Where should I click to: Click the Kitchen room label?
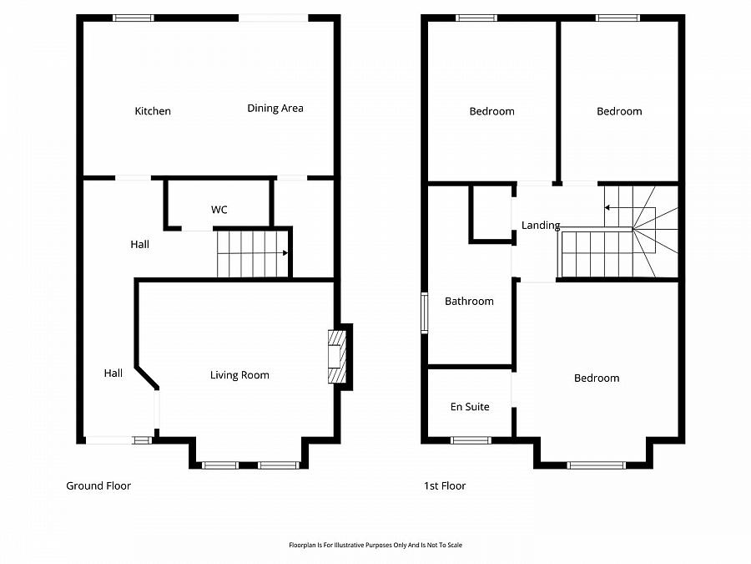pyautogui.click(x=153, y=111)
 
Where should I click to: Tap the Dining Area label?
pyautogui.click(x=275, y=108)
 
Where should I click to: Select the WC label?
pyautogui.click(x=219, y=210)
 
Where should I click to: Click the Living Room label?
pyautogui.click(x=239, y=375)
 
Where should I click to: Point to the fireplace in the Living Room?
pyautogui.click(x=336, y=357)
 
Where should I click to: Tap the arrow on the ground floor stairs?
pyautogui.click(x=285, y=253)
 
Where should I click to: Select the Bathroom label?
pyautogui.click(x=469, y=301)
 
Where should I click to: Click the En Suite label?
pyautogui.click(x=470, y=407)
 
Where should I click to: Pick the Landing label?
pyautogui.click(x=540, y=226)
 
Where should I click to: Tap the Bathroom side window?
pyautogui.click(x=424, y=312)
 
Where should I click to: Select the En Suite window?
pyautogui.click(x=471, y=440)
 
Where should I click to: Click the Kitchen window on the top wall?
pyautogui.click(x=134, y=18)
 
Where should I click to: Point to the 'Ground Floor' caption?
pyautogui.click(x=98, y=485)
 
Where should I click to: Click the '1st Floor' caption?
pyautogui.click(x=445, y=485)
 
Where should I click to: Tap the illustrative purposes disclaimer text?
pyautogui.click(x=375, y=545)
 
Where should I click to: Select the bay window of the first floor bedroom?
pyautogui.click(x=596, y=465)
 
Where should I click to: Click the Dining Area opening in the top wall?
pyautogui.click(x=273, y=18)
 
